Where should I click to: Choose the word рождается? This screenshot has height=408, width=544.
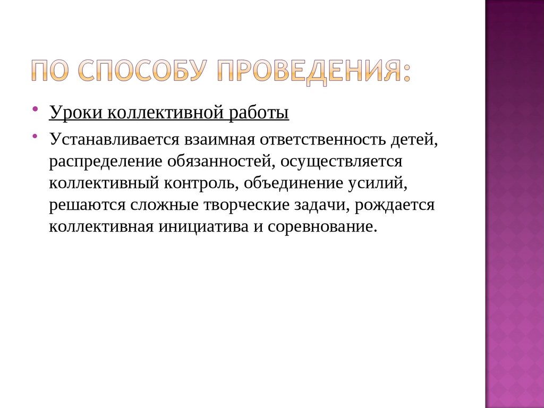396,205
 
